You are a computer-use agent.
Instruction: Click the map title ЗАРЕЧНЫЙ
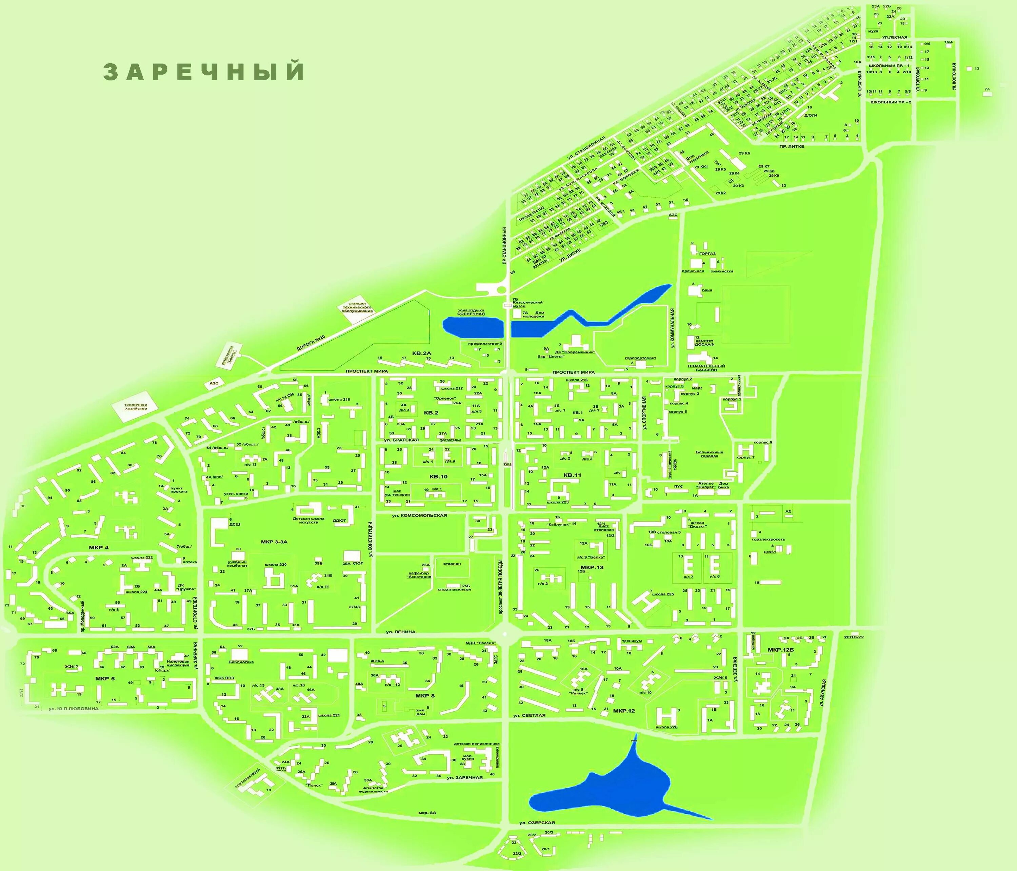204,72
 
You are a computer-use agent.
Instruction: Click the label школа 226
666,727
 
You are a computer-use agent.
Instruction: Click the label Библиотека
241,662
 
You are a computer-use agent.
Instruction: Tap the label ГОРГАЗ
707,254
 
